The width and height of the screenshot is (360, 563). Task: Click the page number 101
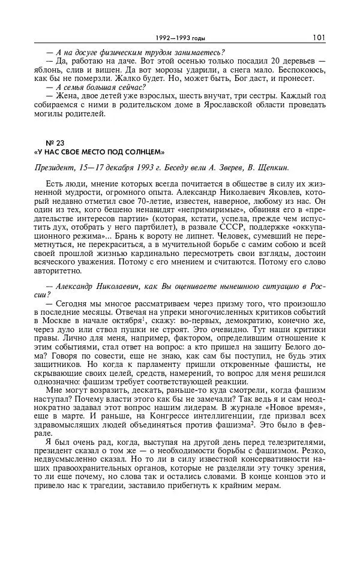[x=319, y=37]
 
